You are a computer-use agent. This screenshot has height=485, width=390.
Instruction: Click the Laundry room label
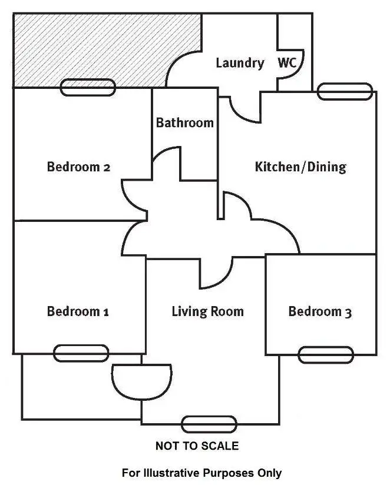pos(239,63)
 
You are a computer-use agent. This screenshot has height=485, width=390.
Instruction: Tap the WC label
pos(287,63)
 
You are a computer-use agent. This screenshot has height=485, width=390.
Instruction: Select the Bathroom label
pos(184,123)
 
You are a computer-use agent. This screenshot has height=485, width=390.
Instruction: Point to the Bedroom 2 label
pos(78,167)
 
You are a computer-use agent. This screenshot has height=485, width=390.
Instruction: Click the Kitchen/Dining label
pos(300,167)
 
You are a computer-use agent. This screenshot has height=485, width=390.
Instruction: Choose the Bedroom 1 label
pos(78,311)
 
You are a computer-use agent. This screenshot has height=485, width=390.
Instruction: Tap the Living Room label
pos(207,311)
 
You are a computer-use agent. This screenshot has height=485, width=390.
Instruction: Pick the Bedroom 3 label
pos(320,311)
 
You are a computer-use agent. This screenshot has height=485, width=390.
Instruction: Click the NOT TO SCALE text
pos(197,446)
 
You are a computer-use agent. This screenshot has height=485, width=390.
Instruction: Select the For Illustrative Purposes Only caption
pos(201,473)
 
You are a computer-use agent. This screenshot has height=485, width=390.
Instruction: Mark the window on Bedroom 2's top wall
pos(88,88)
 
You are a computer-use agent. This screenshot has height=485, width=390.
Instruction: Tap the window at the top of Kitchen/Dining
pos(346,91)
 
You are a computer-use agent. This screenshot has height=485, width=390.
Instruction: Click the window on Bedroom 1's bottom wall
pos(81,353)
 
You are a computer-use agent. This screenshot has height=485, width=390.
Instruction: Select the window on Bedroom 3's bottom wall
pos(326,355)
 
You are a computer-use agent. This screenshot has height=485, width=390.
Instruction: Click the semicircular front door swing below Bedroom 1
pos(141,380)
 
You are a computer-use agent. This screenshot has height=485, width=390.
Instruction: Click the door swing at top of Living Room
pos(217,270)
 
